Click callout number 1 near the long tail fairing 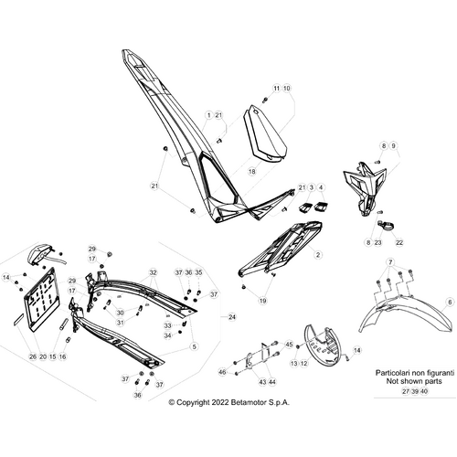pyautogui.click(x=208, y=115)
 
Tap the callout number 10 pyautogui.click(x=287, y=89)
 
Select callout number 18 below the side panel pyautogui.click(x=252, y=172)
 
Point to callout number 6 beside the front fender pyautogui.click(x=450, y=303)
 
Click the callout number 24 pyautogui.click(x=232, y=317)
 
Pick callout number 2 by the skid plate pyautogui.click(x=318, y=255)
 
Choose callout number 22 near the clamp pyautogui.click(x=399, y=242)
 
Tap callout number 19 pyautogui.click(x=262, y=301)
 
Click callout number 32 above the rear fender pyautogui.click(x=153, y=272)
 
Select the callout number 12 pyautogui.click(x=303, y=363)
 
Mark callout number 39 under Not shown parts pyautogui.click(x=415, y=391)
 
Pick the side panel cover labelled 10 pyautogui.click(x=264, y=133)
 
